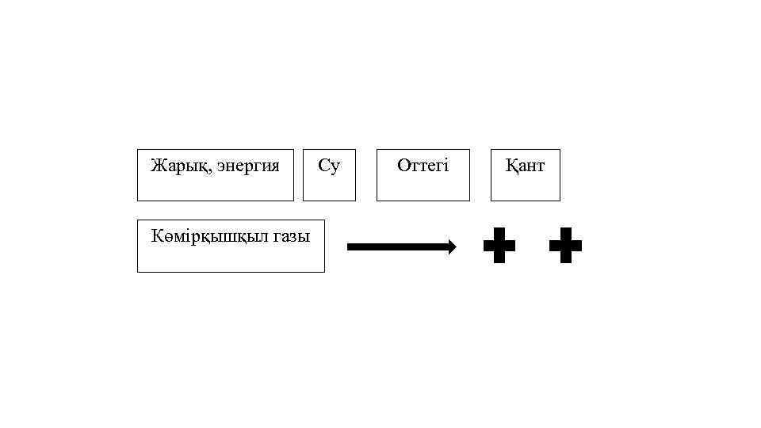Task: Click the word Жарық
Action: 174,166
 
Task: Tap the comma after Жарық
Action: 198,170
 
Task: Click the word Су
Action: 329,166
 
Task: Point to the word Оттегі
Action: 423,166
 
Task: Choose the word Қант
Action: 525,166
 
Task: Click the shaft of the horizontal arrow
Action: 396,246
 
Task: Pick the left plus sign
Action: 499,246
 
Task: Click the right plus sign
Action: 565,246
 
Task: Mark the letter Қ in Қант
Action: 511,166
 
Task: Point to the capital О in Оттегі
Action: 403,166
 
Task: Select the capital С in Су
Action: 323,166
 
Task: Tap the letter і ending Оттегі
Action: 446,166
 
